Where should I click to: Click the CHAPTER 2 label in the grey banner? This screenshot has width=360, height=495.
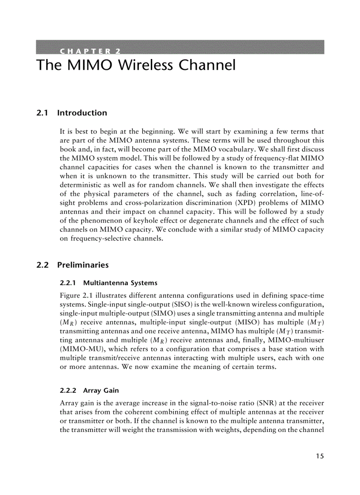(x=90, y=50)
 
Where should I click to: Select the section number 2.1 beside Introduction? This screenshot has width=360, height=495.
(x=42, y=113)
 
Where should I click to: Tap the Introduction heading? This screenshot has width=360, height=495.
(x=82, y=113)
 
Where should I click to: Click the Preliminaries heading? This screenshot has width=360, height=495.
(x=83, y=265)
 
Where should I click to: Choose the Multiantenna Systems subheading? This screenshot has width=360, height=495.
(x=120, y=283)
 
